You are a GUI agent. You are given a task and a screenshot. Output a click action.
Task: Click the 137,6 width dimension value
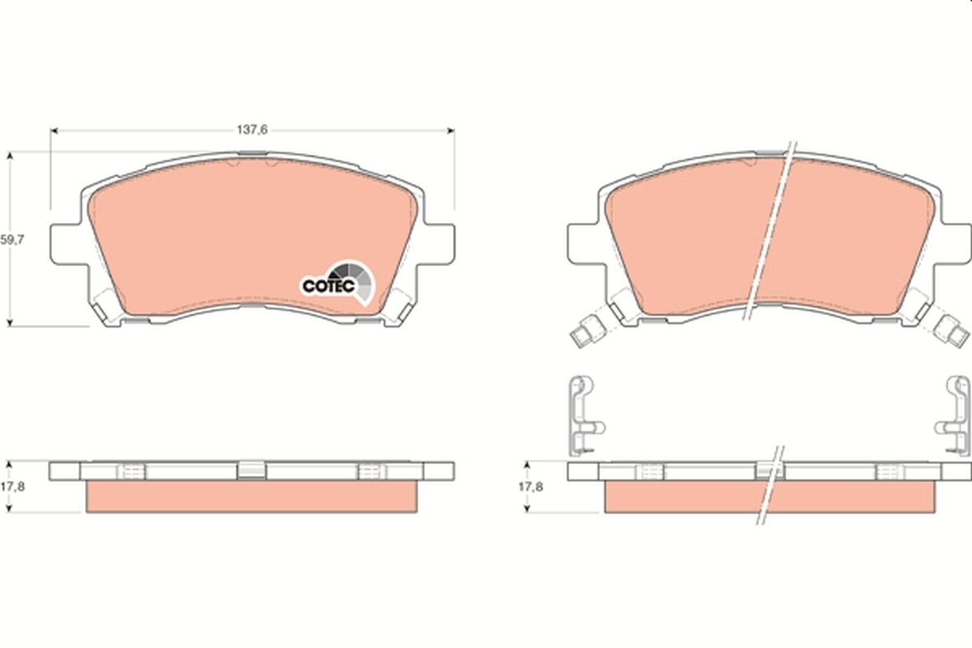(x=252, y=129)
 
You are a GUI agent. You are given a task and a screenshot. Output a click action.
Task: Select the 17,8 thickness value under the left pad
(x=11, y=487)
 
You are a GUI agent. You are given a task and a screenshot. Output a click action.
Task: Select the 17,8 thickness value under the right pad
(x=531, y=487)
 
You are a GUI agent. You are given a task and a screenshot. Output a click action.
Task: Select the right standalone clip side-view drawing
(x=956, y=414)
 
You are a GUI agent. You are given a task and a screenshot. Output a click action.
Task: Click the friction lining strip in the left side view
(x=252, y=496)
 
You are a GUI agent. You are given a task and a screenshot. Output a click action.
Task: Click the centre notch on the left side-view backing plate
(x=252, y=469)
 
